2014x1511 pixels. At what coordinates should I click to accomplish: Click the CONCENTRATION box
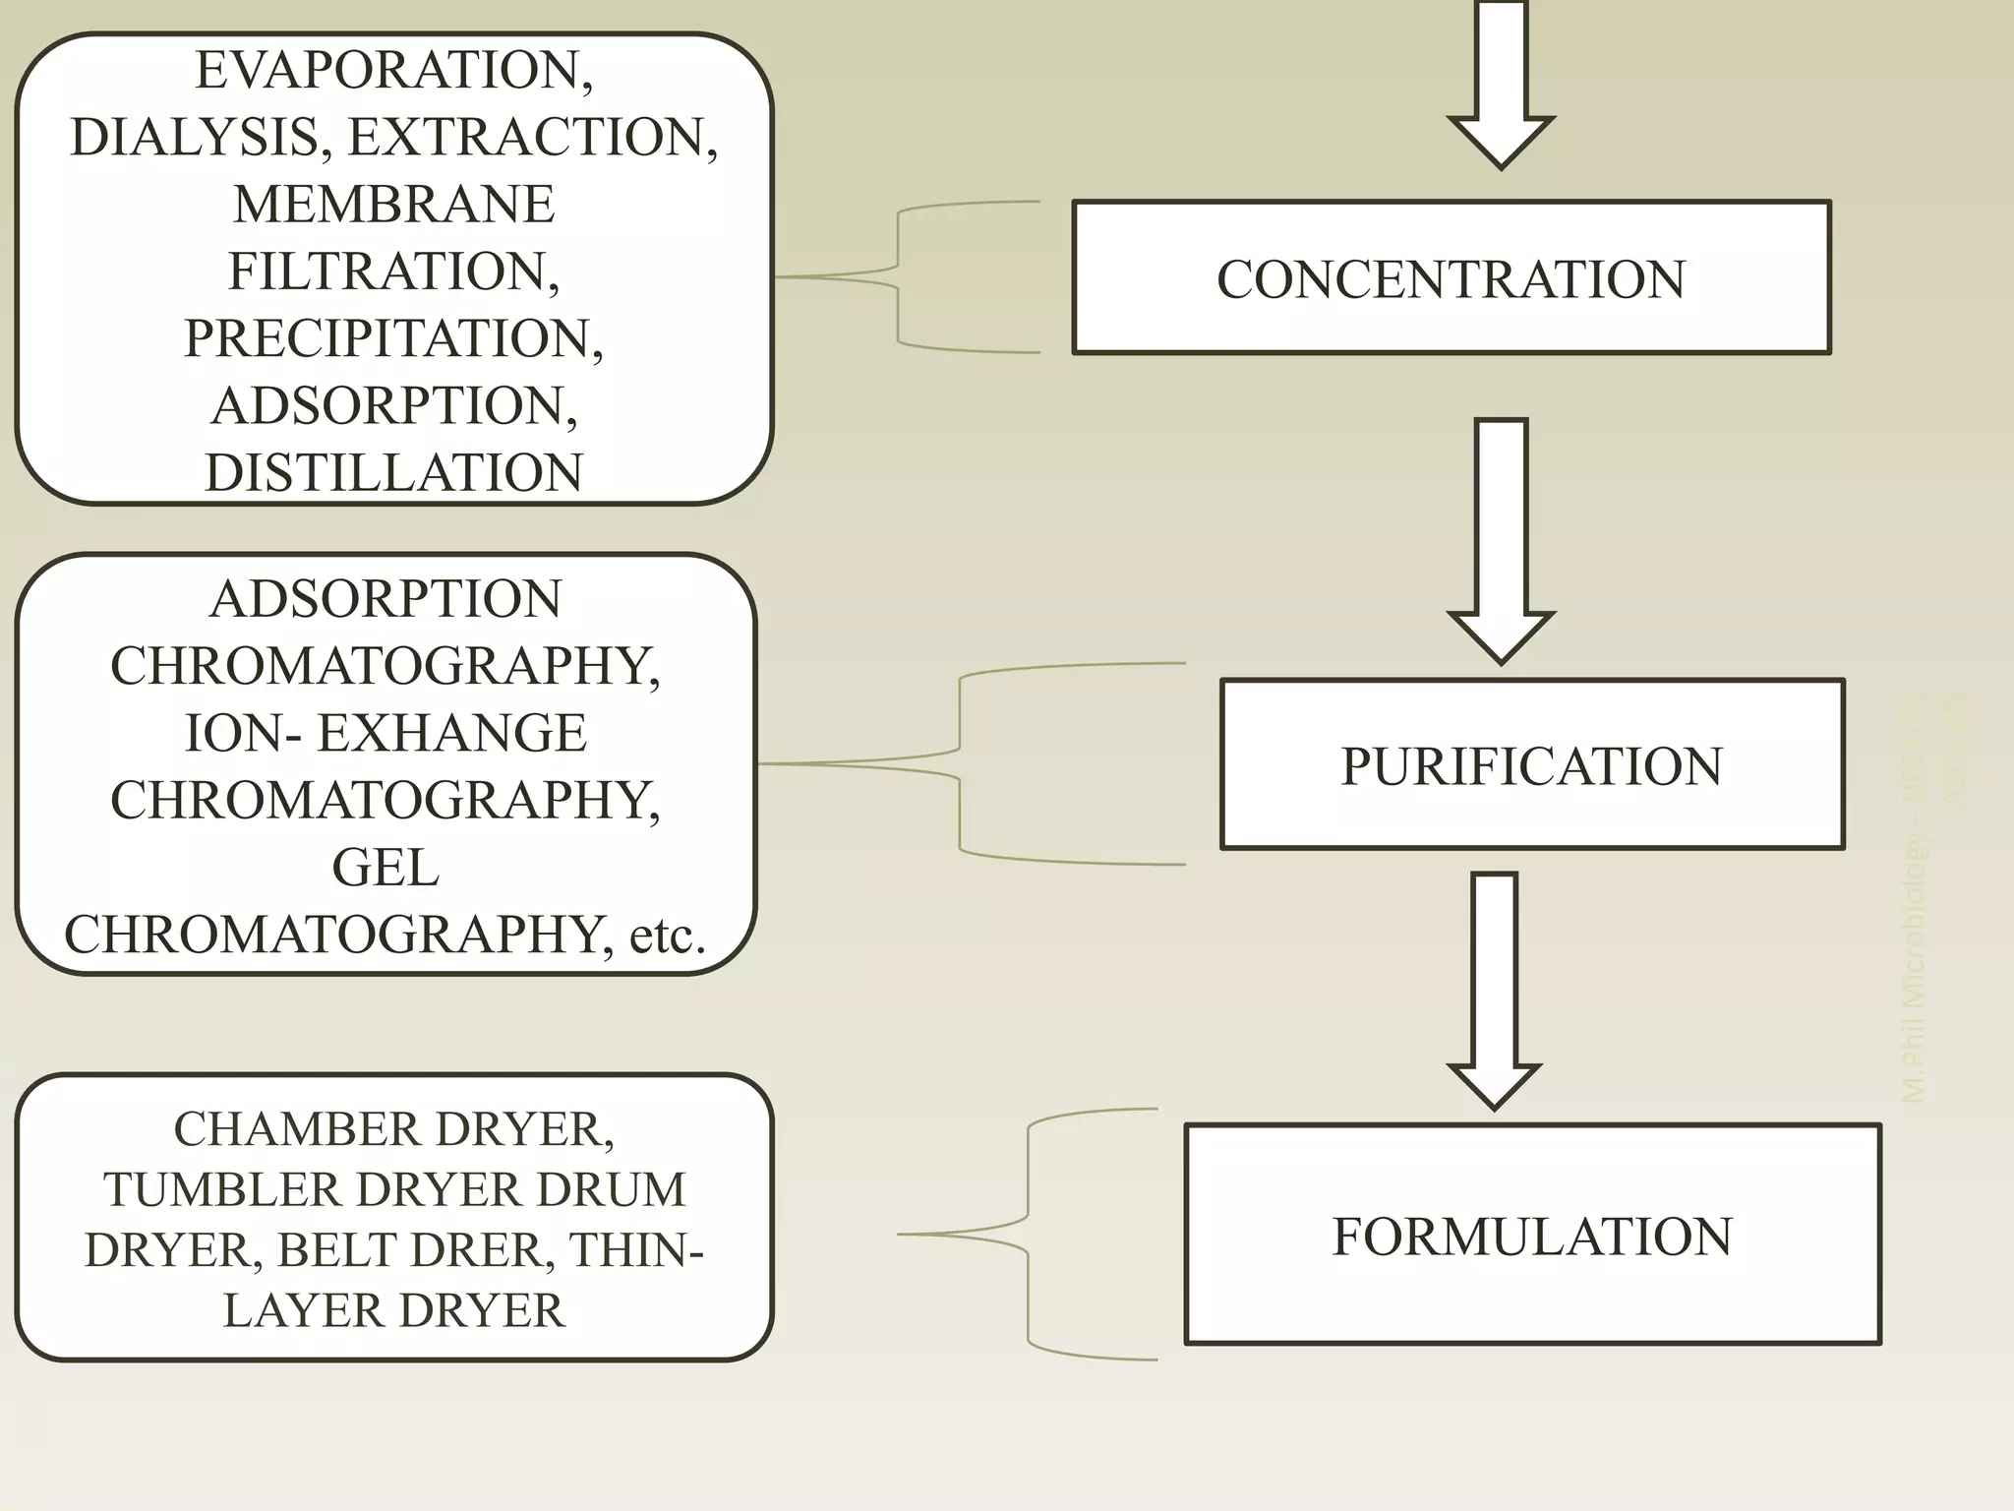(x=1451, y=277)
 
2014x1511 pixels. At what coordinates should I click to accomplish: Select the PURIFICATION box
(x=1531, y=764)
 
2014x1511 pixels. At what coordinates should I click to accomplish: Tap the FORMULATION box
(x=1531, y=1235)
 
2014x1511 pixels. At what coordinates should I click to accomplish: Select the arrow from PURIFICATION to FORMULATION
(x=1495, y=989)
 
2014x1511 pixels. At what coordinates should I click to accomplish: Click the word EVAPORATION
(x=393, y=70)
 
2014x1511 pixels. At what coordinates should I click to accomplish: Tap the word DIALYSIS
(x=195, y=137)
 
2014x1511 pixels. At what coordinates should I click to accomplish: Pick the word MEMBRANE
(x=393, y=204)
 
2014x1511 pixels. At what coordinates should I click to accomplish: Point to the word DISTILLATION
(x=393, y=472)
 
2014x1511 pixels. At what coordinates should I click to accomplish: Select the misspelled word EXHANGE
(x=451, y=733)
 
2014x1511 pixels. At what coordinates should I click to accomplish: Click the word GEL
(x=385, y=868)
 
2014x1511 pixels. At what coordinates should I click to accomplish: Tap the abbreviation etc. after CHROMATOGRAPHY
(x=667, y=935)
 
